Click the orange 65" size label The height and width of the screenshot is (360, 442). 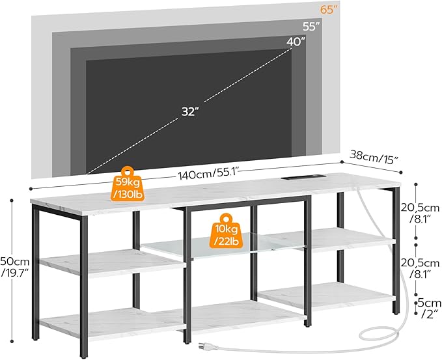331,10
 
